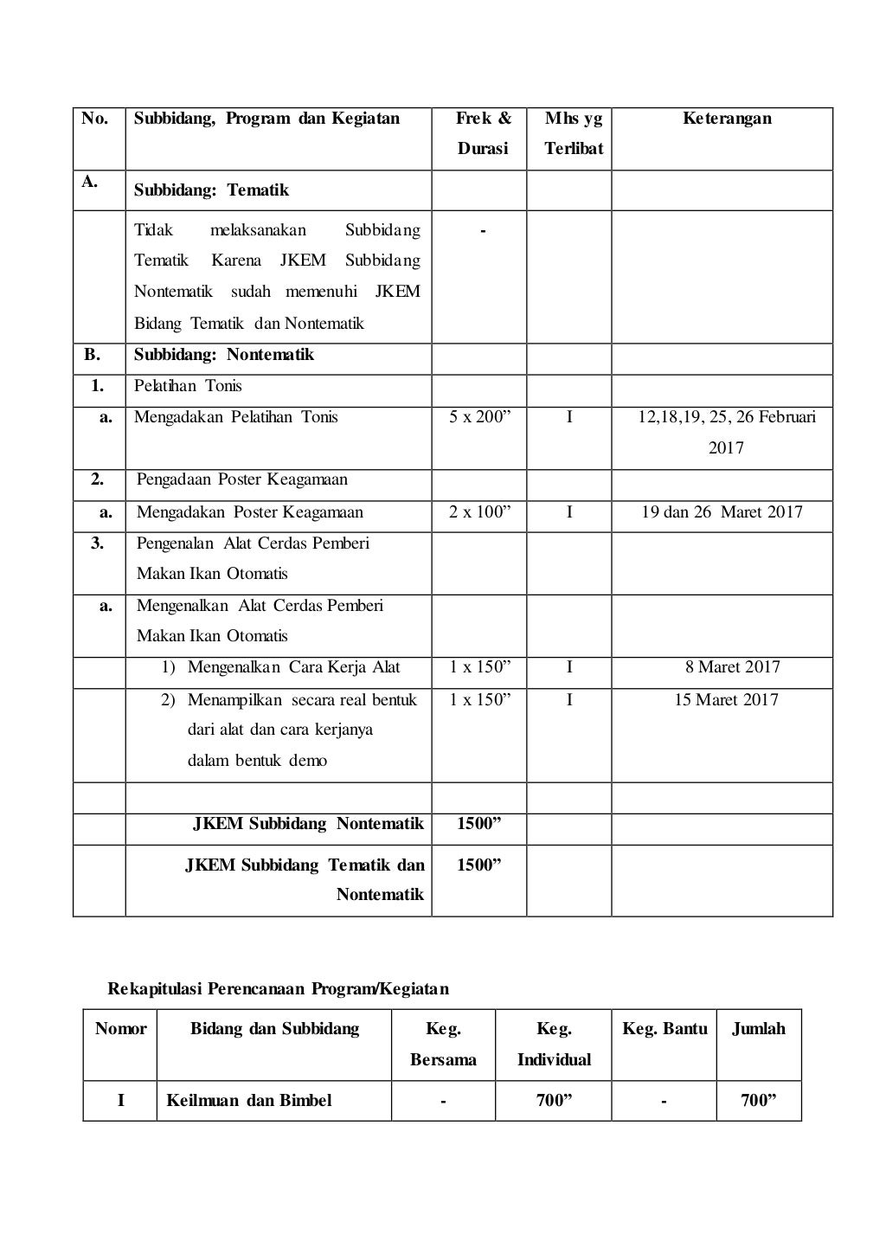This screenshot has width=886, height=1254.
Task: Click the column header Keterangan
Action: pos(727,119)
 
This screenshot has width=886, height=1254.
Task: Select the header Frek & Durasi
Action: pos(483,133)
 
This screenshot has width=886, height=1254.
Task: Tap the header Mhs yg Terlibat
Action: pos(573,133)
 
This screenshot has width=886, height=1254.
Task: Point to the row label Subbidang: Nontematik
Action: pos(223,355)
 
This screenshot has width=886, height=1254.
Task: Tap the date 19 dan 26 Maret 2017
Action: pos(722,512)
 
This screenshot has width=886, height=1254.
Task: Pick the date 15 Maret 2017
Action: pos(726,699)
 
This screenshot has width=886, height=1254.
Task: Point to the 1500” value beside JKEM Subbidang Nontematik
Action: pos(479,823)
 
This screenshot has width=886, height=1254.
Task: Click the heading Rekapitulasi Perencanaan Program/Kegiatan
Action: pos(278,988)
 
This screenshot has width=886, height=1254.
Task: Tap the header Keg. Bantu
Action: pos(664,1029)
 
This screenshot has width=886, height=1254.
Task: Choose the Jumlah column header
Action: pos(759,1029)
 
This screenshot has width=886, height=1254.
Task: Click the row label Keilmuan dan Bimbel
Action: pos(249,1101)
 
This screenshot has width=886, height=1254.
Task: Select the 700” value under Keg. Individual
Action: pos(554,1101)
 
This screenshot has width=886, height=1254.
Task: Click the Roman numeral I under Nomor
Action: pos(120,1101)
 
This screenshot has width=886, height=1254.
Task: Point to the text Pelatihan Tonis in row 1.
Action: pos(188,386)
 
